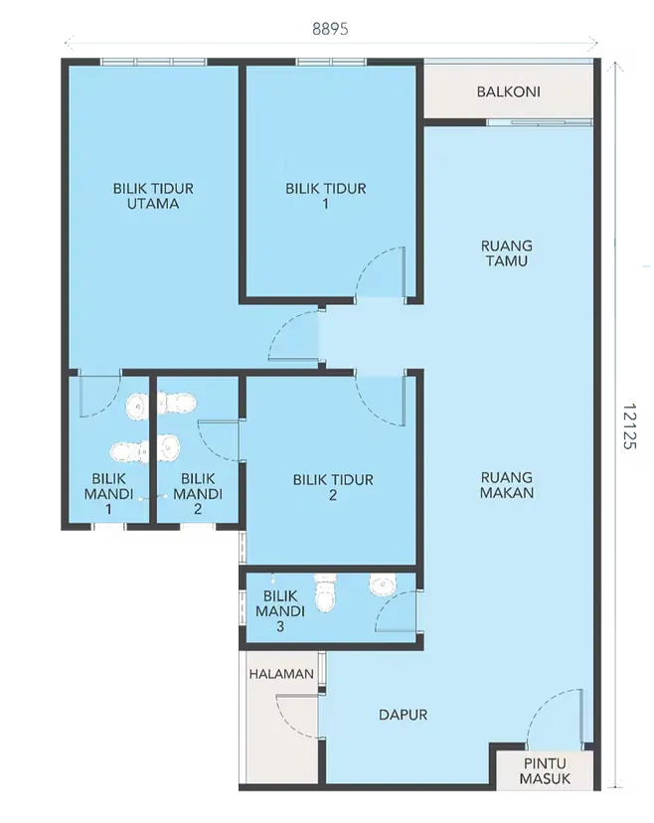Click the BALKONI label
click(509, 91)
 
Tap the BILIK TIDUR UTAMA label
click(152, 196)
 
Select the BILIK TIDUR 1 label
click(325, 196)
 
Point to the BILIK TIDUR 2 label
click(333, 487)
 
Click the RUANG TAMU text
click(506, 253)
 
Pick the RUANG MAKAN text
click(506, 484)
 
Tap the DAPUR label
click(403, 715)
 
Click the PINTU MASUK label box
click(545, 771)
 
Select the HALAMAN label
click(281, 674)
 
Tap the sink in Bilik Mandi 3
click(383, 584)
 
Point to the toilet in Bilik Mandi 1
click(129, 452)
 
